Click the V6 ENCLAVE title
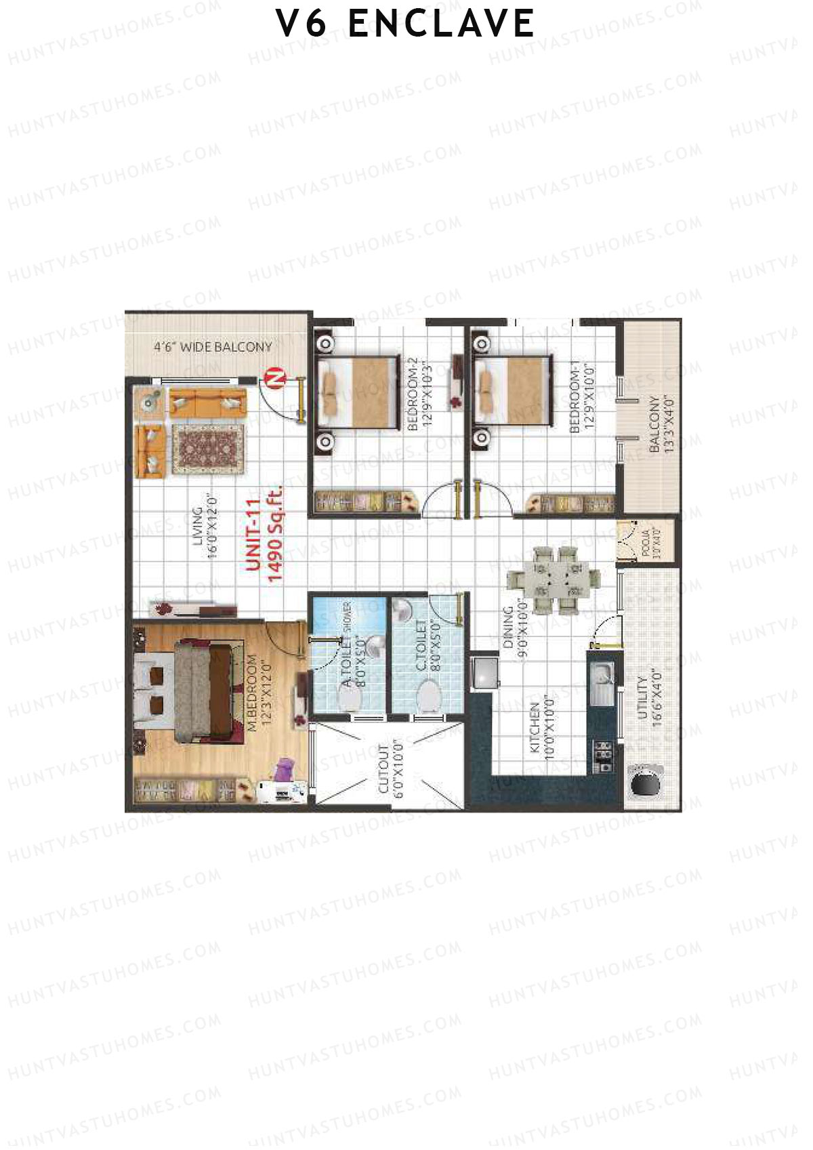point(405,24)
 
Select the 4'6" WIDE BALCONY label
point(212,347)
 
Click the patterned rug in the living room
point(207,449)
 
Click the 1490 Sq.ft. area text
point(275,534)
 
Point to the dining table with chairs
point(554,580)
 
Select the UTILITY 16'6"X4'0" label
point(647,698)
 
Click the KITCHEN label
point(535,728)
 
